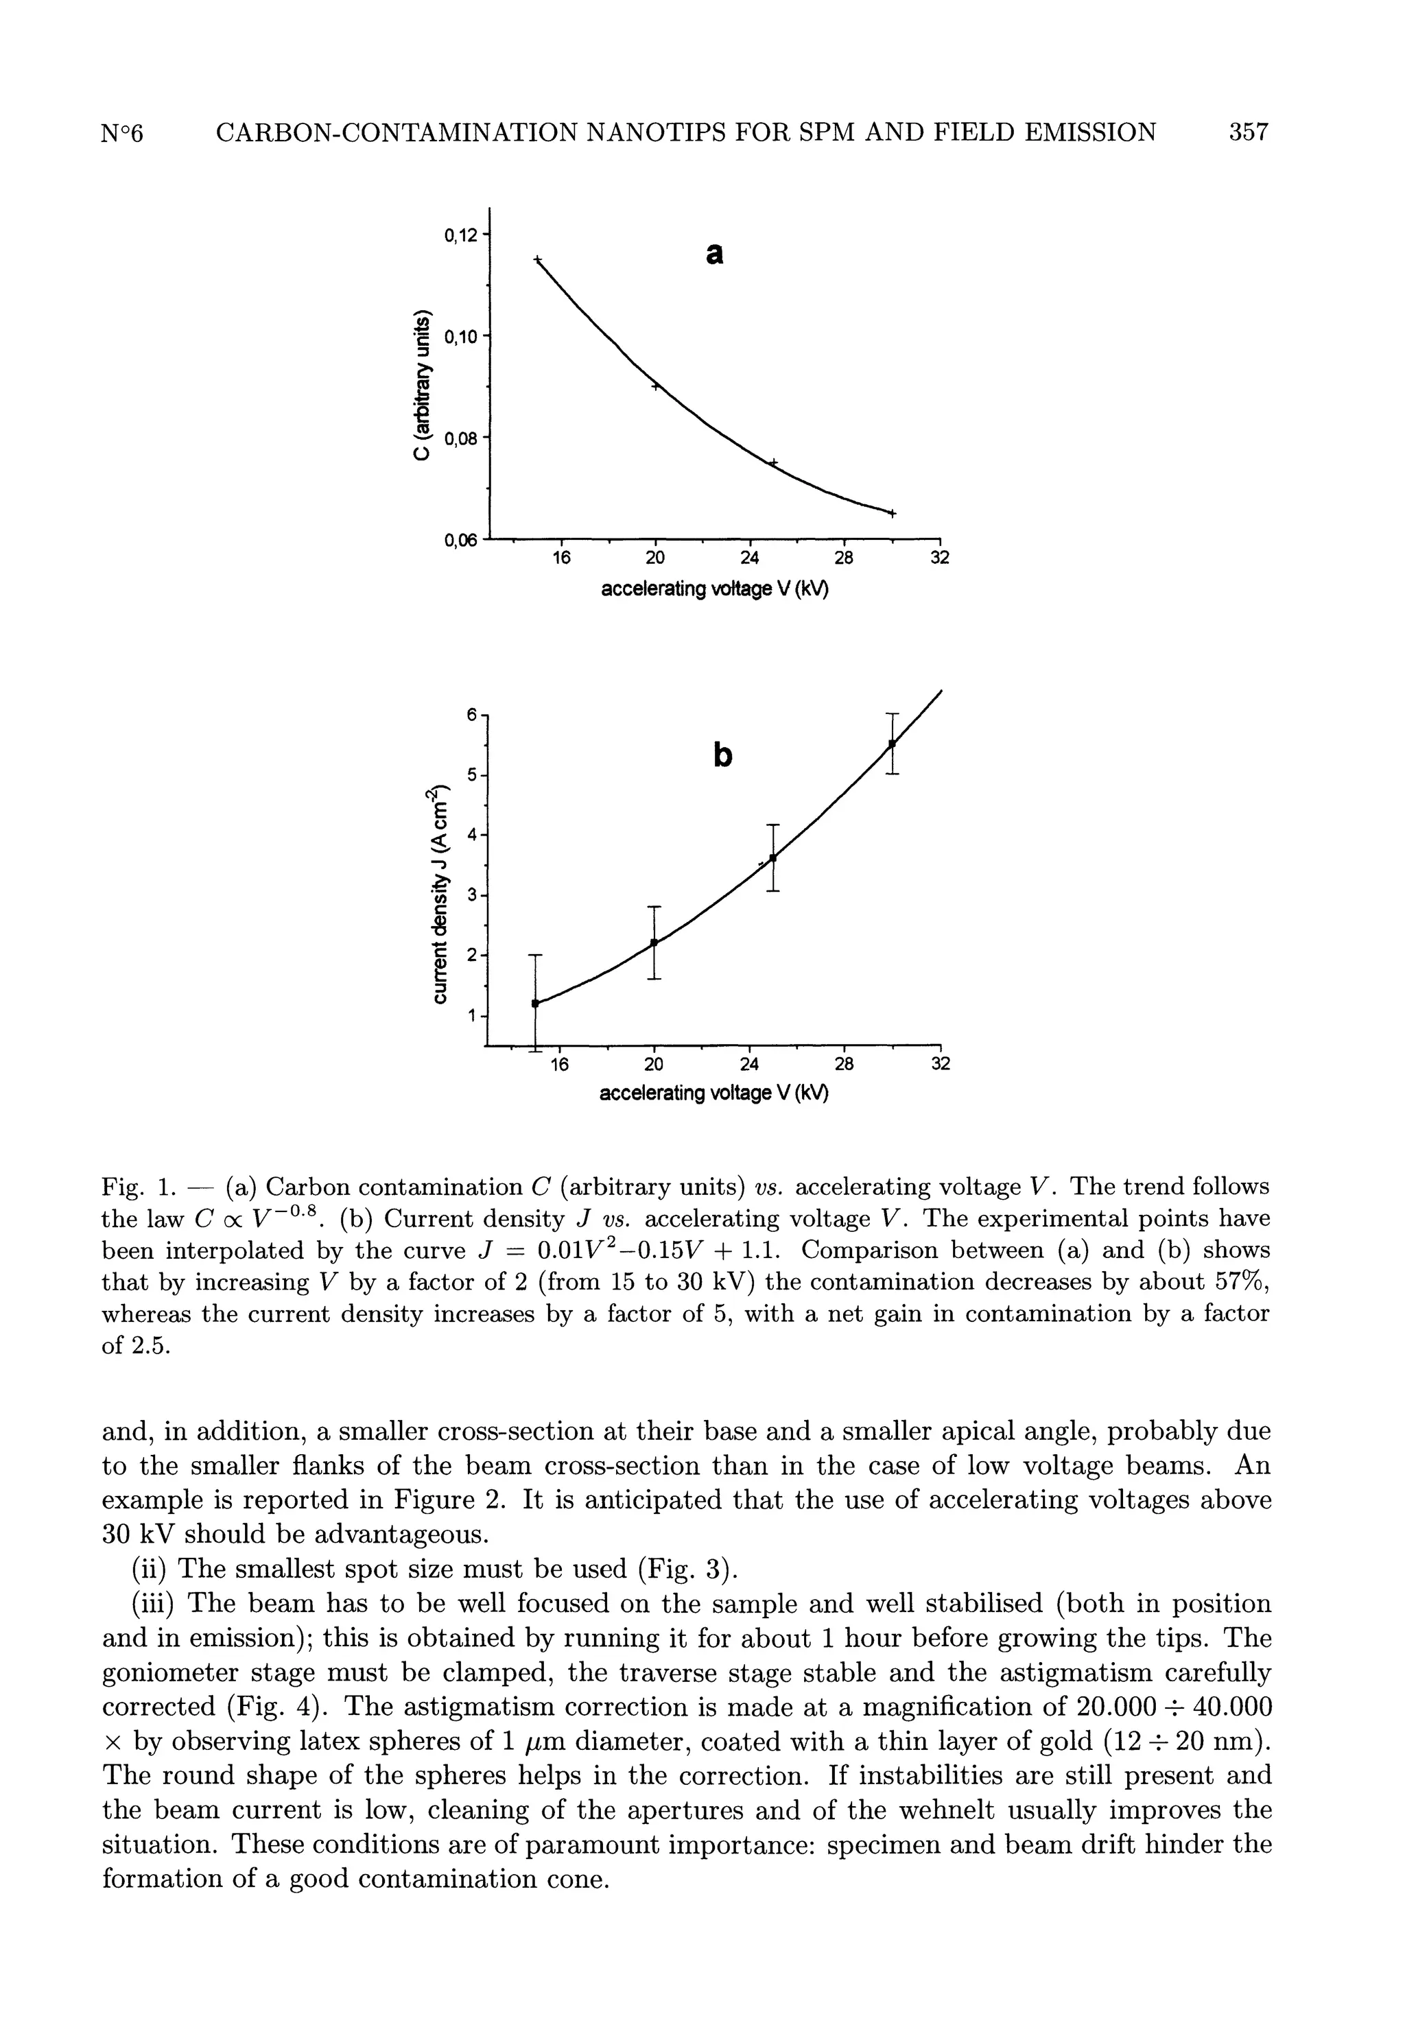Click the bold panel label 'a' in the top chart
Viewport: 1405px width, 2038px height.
coord(715,254)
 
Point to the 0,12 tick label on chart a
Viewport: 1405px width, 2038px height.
coord(460,235)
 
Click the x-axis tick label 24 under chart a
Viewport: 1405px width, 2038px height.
coord(749,558)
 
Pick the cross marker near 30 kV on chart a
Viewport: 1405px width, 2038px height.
coord(893,513)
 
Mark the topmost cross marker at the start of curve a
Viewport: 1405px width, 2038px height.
coord(538,259)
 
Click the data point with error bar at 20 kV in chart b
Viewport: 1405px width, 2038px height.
coord(654,943)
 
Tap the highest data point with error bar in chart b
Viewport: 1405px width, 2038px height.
coord(892,744)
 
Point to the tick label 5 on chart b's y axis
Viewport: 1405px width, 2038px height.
coord(472,775)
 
